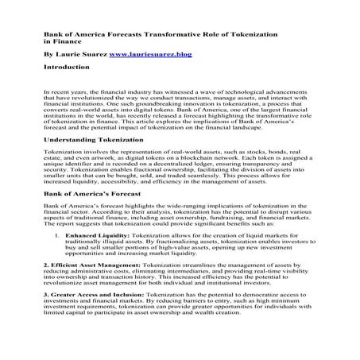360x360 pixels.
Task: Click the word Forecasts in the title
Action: [116, 37]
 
